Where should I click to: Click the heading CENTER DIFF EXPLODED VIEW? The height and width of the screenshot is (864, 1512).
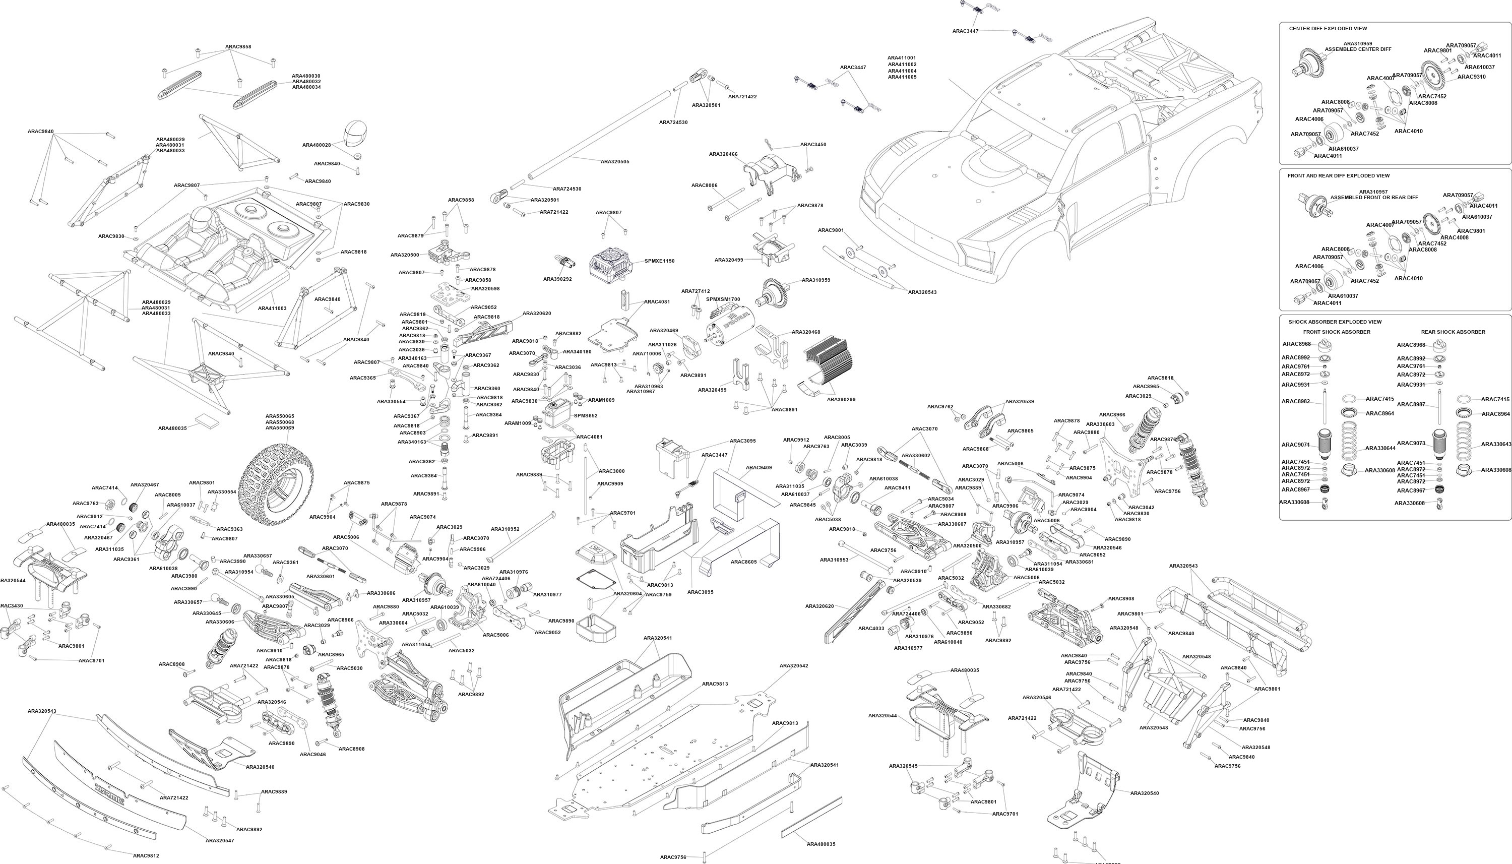click(1328, 29)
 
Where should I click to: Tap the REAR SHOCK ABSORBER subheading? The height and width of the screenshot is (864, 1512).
click(1453, 332)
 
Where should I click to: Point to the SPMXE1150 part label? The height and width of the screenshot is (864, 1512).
click(660, 261)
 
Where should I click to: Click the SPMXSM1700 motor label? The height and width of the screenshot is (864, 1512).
click(723, 299)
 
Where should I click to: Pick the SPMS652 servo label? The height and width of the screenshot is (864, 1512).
click(586, 416)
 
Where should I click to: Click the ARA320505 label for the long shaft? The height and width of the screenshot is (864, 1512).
click(614, 161)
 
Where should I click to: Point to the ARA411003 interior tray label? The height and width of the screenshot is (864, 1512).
click(272, 308)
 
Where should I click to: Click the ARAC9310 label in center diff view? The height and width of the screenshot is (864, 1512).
click(1471, 77)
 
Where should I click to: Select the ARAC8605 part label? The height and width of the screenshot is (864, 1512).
click(744, 562)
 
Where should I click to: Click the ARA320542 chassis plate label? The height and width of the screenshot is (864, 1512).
click(794, 666)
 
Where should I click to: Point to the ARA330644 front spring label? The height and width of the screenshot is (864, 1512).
click(1380, 449)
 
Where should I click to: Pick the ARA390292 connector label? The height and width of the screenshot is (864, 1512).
click(557, 279)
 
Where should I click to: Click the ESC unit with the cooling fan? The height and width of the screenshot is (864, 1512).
click(612, 261)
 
